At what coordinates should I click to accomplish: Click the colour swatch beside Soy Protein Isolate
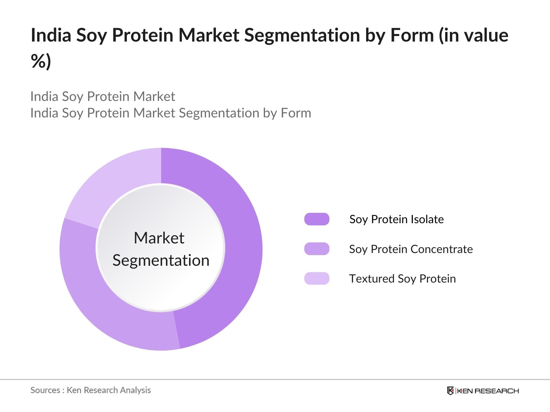[317, 219]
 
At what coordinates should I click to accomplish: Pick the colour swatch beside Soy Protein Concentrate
[317, 249]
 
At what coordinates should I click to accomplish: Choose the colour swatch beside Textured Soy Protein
[317, 278]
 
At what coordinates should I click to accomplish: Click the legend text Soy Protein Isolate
[396, 219]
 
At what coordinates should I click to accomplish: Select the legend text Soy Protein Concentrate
[411, 249]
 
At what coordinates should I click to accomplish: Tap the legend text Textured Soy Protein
[402, 278]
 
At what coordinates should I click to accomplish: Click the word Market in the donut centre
[159, 238]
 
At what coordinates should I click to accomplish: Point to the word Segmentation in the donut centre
[161, 260]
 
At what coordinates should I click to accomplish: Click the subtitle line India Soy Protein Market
[102, 96]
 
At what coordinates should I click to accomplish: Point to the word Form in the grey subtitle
[296, 113]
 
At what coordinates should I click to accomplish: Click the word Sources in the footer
[45, 390]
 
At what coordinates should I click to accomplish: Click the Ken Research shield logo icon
[450, 391]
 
